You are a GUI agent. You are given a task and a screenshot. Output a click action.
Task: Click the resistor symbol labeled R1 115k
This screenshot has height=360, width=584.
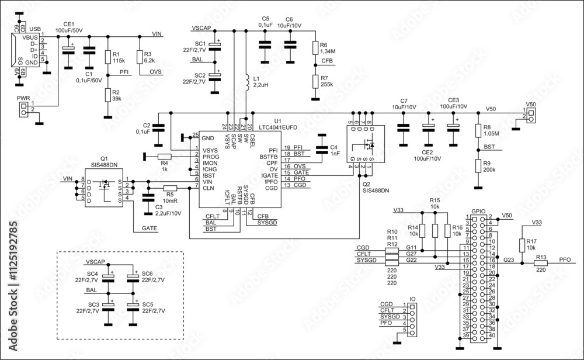[107, 57]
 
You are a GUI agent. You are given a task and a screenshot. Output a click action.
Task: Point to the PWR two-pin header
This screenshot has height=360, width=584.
[24, 109]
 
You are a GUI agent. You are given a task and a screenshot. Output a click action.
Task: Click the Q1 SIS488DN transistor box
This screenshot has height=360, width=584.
[105, 191]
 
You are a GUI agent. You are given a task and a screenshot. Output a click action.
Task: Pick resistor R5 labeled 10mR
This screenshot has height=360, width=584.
[170, 188]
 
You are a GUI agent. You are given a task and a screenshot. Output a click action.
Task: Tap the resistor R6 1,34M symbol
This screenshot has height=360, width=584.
[316, 48]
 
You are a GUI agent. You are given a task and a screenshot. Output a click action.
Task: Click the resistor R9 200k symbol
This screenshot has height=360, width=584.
[478, 166]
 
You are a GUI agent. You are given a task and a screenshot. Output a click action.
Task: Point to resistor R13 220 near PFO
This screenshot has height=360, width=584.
[541, 264]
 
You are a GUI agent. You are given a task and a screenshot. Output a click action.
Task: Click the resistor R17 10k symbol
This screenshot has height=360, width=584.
[522, 244]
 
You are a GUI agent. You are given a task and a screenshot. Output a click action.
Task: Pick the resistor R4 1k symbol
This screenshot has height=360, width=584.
[165, 156]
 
